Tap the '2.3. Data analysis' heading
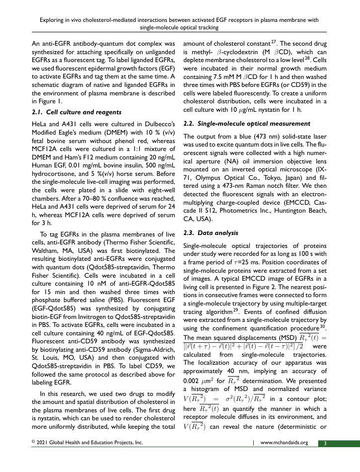click(211, 232)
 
